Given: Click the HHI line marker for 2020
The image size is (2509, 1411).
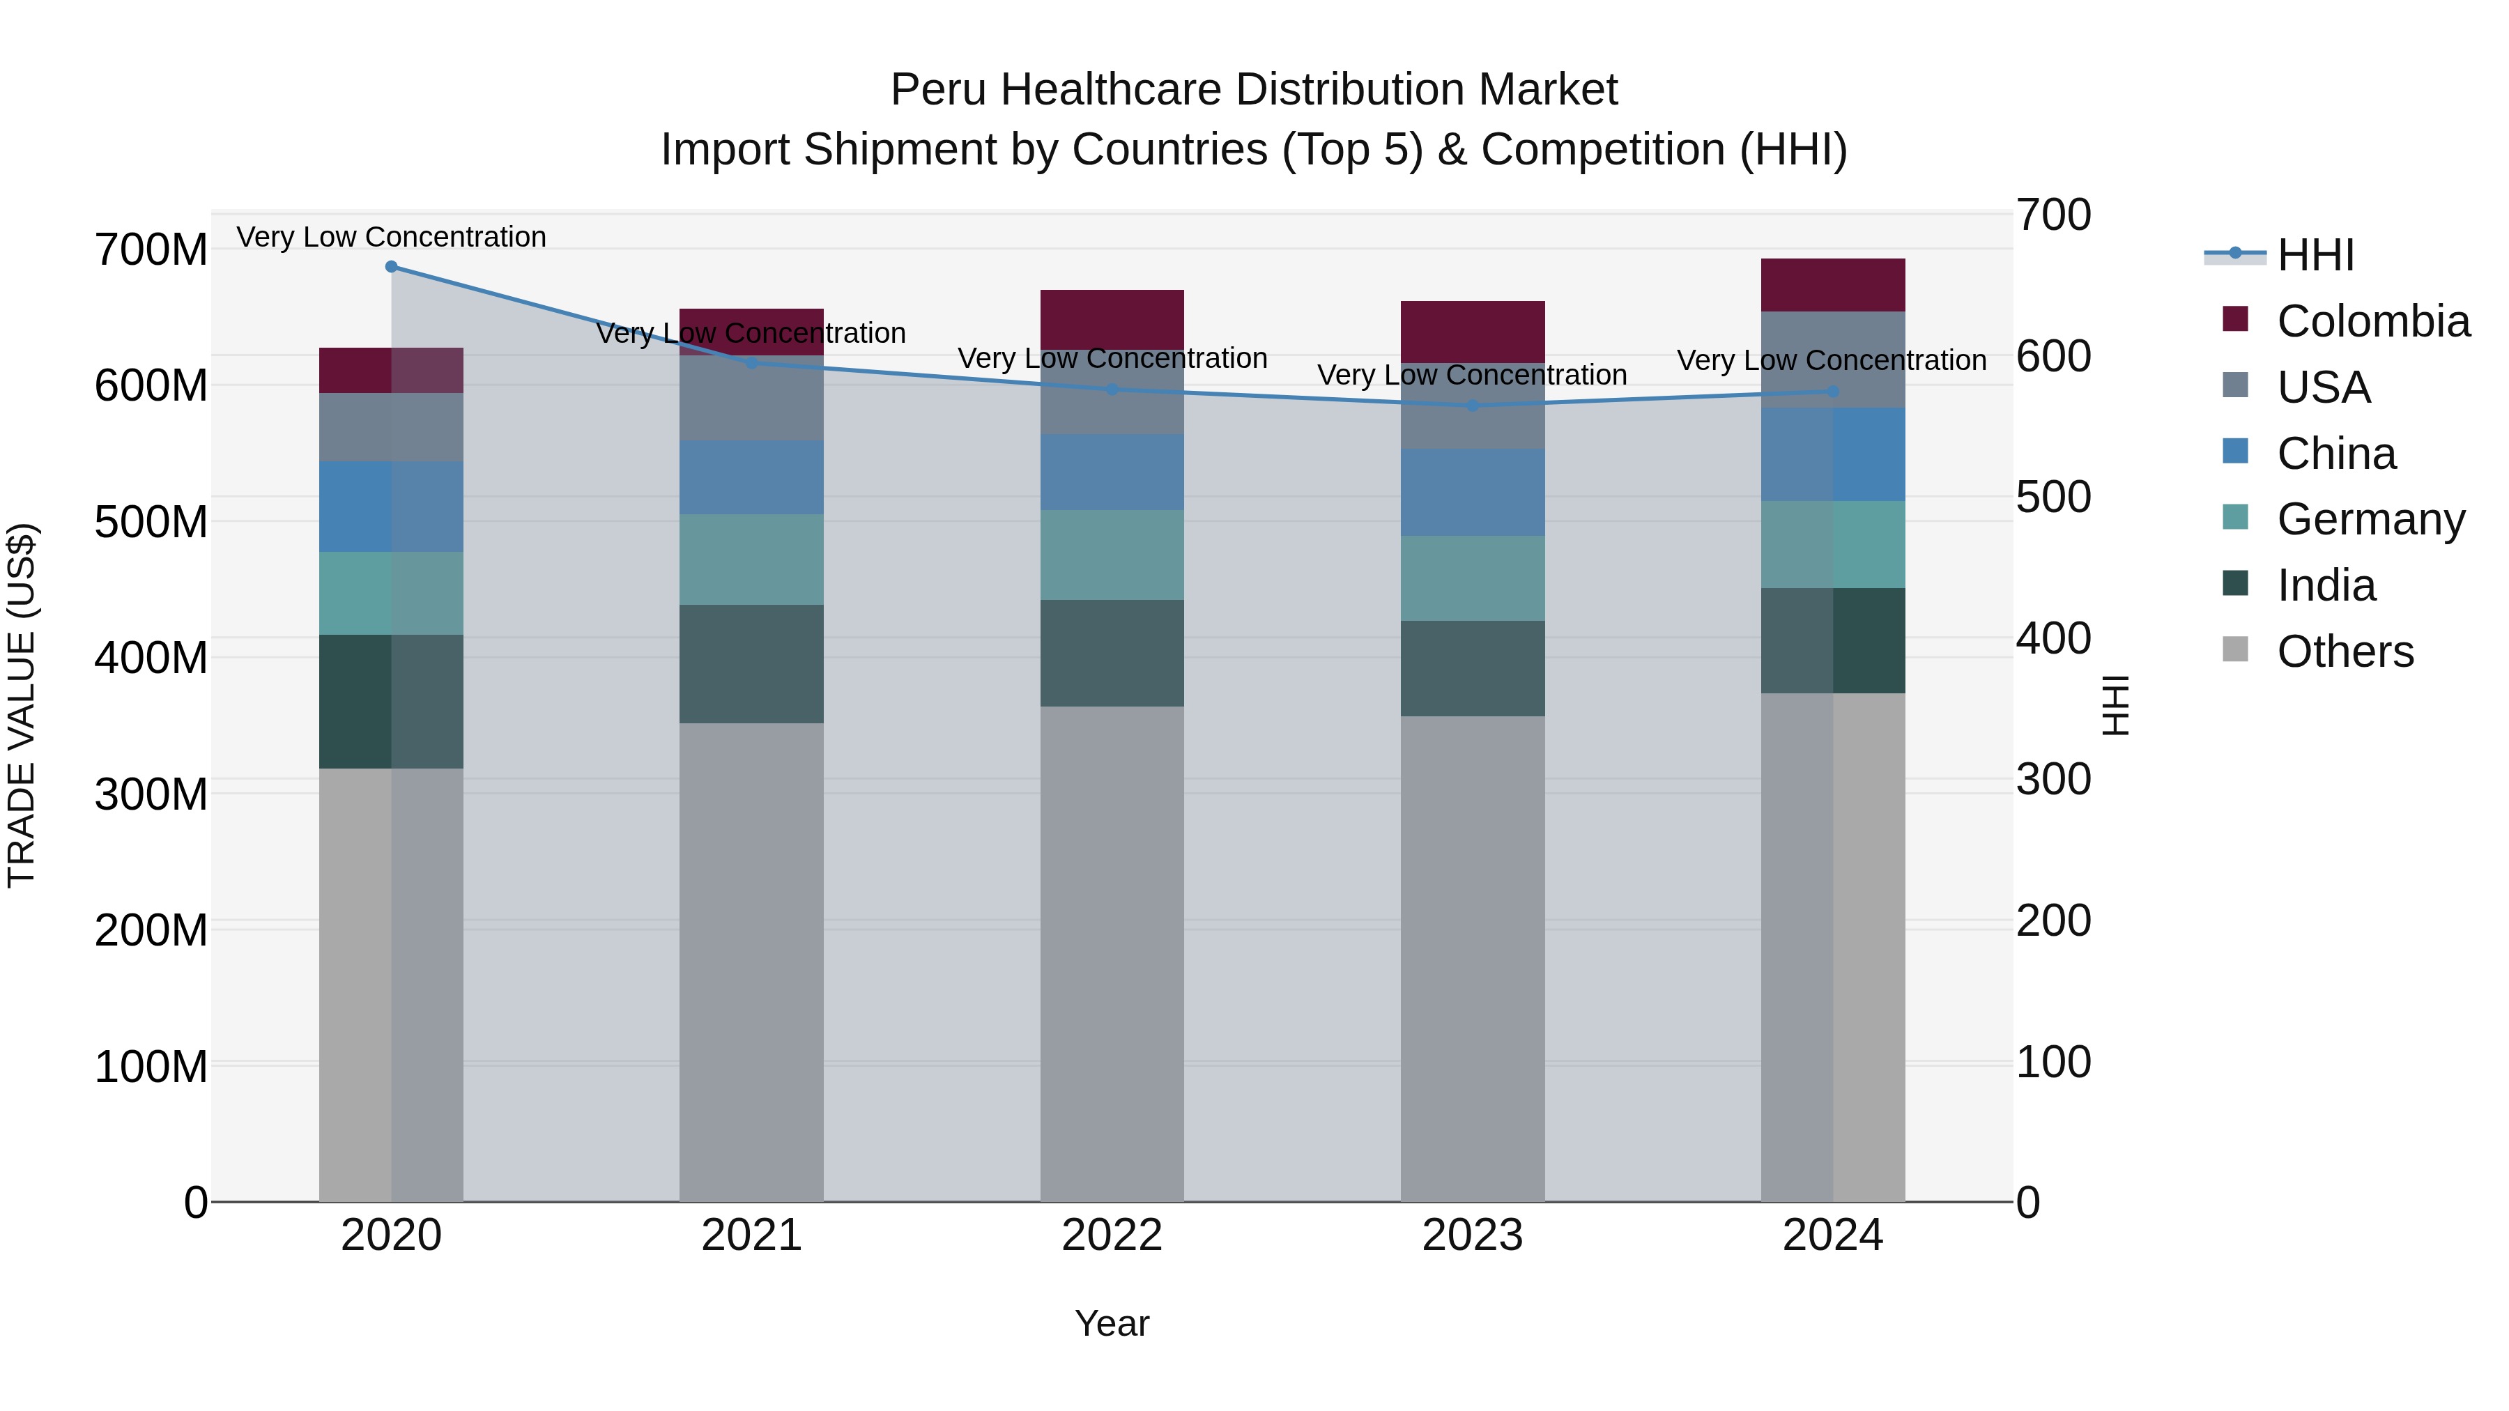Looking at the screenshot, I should coord(392,267).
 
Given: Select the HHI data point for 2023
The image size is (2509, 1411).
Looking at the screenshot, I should coord(1473,406).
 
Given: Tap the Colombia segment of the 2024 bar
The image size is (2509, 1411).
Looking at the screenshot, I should coord(1833,285).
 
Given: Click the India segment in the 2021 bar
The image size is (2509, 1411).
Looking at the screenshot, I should coord(751,663).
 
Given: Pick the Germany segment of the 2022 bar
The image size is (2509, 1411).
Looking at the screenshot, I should coord(1112,555).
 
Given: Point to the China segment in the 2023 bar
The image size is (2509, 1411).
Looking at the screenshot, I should coord(1473,493).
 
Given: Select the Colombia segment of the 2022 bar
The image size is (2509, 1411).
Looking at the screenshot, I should coord(1112,318).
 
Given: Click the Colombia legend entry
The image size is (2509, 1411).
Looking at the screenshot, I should coord(2372,321).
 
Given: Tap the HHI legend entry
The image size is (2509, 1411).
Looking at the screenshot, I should coord(2315,255).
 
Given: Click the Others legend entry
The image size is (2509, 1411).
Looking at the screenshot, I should coord(2345,651).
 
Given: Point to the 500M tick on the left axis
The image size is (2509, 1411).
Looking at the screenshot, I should coord(151,522).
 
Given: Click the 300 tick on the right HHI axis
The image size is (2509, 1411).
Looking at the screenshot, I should coord(2053,779).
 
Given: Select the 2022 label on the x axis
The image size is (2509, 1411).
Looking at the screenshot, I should coord(1112,1235).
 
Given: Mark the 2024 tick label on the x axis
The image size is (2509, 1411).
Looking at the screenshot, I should coord(1833,1235).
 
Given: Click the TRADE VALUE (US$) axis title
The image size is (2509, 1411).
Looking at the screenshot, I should coord(22,705).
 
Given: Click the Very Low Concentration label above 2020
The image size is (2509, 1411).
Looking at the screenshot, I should coord(392,238).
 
